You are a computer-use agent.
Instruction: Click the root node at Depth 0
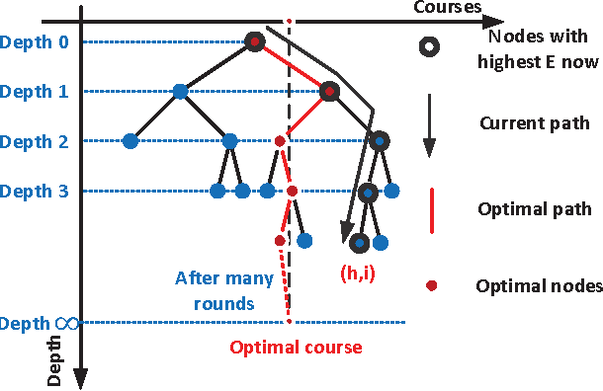pyautogui.click(x=255, y=41)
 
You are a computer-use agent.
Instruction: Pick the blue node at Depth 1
pyautogui.click(x=180, y=91)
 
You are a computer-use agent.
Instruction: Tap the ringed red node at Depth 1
pyautogui.click(x=329, y=91)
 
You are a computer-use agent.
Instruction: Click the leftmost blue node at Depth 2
pyautogui.click(x=129, y=141)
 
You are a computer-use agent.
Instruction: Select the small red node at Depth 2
pyautogui.click(x=280, y=141)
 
